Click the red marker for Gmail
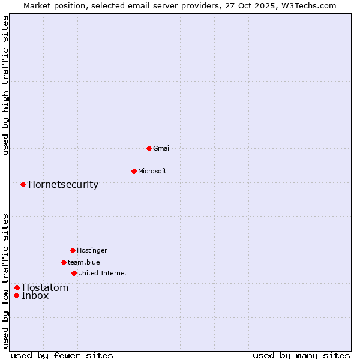pos(149,148)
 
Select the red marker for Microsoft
pos(134,171)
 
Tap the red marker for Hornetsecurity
pos(23,184)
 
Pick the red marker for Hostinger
pos(73,250)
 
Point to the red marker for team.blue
pos(64,262)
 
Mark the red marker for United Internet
pos(74,273)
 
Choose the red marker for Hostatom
pos(17,287)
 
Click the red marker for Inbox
pos(16,295)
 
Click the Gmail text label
pos(162,148)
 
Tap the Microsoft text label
pos(152,171)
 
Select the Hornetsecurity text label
pos(63,184)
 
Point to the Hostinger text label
pos(92,250)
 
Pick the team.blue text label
pos(84,262)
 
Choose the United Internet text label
pos(102,273)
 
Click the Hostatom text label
pos(45,287)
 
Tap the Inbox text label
pos(35,295)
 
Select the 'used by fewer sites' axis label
pos(62,355)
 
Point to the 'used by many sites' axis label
pos(301,355)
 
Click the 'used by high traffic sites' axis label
pos(5,85)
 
